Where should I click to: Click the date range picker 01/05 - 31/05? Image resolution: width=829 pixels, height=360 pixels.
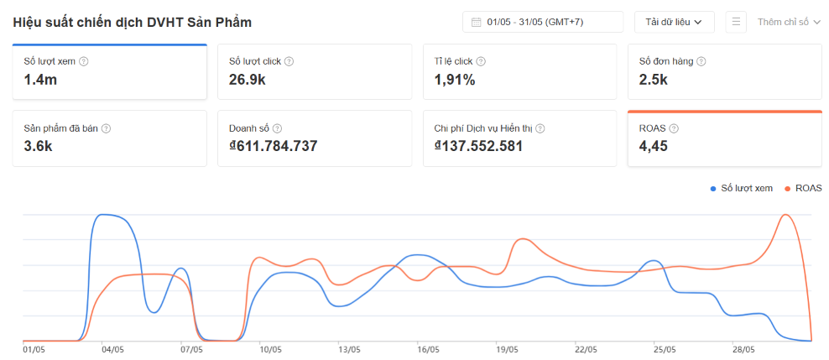pos(542,22)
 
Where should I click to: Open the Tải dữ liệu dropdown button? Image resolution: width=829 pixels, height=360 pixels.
pos(674,22)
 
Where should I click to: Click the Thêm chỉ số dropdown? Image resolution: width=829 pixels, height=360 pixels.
pos(789,22)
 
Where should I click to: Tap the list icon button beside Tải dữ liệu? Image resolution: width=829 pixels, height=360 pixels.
pos(736,22)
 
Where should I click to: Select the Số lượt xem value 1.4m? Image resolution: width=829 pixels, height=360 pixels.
pos(40,80)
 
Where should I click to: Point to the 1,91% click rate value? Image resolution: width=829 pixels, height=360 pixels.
pos(455,80)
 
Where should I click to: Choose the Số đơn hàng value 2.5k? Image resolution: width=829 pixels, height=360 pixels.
pos(654,80)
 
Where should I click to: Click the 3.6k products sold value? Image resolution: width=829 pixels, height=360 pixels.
pos(38,146)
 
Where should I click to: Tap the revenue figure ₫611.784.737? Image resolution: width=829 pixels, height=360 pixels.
pos(274,146)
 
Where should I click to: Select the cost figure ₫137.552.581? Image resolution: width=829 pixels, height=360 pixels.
pos(478,146)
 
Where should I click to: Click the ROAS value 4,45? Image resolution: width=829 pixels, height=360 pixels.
pos(653,146)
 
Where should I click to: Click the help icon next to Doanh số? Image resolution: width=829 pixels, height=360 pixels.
pos(278,128)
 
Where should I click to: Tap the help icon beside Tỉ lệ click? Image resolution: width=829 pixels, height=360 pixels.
pos(480,61)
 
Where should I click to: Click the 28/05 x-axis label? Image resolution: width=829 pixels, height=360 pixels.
pos(743,349)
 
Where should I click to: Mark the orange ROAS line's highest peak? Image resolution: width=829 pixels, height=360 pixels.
pos(785,215)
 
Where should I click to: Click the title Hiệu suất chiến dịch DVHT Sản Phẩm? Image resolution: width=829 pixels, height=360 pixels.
pos(133,22)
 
